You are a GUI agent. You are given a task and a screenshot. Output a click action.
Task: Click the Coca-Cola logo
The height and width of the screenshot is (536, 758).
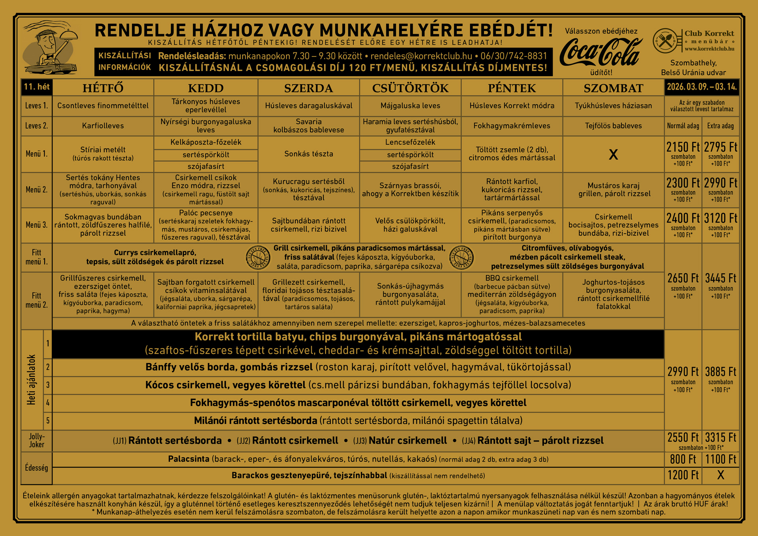coord(601,52)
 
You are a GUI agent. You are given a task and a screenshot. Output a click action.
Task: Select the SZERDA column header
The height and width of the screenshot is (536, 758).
coord(308,88)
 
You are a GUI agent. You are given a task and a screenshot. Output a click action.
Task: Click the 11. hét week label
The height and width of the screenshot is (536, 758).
coord(37,87)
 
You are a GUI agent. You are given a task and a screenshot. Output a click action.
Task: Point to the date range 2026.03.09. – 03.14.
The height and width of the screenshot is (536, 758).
coord(702,87)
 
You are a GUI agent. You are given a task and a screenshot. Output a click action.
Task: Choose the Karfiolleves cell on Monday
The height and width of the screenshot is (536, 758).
coord(103,126)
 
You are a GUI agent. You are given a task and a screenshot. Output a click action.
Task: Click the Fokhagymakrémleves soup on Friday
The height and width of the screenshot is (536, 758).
coord(512,126)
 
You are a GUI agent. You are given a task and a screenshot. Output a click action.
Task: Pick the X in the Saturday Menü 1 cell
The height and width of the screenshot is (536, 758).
coord(613,154)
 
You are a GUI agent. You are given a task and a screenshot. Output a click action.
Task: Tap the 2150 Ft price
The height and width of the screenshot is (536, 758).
coord(683,147)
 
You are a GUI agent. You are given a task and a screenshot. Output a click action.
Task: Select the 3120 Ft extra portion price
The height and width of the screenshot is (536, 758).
coord(720,218)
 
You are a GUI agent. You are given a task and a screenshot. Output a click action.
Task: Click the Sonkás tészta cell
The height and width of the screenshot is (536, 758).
coord(308,154)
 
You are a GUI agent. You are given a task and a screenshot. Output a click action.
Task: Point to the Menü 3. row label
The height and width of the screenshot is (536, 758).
coord(36,225)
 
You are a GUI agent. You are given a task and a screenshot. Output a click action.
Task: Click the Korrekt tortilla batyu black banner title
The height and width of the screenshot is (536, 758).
coord(358,337)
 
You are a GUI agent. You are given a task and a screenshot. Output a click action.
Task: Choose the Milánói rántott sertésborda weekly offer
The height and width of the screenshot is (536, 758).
coord(358,421)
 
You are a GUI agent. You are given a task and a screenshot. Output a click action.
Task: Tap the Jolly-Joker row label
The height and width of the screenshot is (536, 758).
coord(36,440)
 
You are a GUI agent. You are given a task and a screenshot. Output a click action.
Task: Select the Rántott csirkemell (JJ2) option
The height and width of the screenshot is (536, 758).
coord(295,440)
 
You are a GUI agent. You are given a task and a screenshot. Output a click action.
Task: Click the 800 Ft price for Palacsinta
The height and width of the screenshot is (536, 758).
coord(683,459)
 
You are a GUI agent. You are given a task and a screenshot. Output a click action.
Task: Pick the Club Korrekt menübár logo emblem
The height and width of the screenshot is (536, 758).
coord(666,41)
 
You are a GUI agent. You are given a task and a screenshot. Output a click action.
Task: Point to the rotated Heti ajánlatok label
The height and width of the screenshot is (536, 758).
coord(32,380)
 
